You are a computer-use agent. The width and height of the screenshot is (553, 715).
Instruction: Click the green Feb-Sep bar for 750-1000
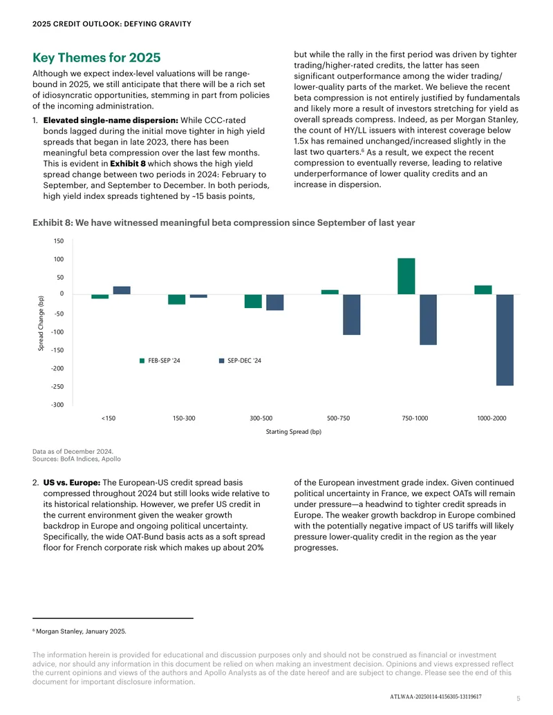click(x=406, y=276)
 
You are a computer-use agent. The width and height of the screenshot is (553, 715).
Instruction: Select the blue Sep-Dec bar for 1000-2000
click(x=505, y=340)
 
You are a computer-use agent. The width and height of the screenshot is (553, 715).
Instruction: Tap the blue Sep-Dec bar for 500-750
click(x=351, y=314)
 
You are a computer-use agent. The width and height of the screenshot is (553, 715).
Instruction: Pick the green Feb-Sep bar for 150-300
click(x=176, y=300)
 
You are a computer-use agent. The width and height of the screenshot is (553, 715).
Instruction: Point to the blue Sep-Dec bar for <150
click(x=122, y=290)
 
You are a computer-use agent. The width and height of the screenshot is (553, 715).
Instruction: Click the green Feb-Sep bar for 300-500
click(x=253, y=301)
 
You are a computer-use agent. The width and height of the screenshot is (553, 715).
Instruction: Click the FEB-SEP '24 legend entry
click(x=160, y=361)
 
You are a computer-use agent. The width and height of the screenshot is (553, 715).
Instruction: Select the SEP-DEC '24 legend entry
click(x=240, y=361)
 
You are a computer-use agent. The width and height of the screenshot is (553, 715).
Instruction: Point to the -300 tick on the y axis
click(x=57, y=405)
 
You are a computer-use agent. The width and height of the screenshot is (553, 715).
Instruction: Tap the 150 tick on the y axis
click(x=59, y=241)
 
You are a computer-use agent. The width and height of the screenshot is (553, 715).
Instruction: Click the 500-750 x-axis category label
click(x=339, y=418)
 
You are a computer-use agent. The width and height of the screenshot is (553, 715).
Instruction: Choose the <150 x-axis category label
click(x=108, y=418)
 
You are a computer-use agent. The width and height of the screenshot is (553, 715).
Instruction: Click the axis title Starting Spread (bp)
click(x=294, y=432)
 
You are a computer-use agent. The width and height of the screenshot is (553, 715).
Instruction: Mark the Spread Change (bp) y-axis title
click(x=41, y=323)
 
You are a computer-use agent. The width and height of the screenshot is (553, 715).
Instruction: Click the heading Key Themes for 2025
click(x=96, y=58)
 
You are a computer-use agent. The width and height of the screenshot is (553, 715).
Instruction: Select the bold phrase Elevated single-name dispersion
click(x=111, y=120)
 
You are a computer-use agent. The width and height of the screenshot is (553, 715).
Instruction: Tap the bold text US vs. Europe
click(x=72, y=482)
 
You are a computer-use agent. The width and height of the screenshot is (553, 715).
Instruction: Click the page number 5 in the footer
click(x=518, y=698)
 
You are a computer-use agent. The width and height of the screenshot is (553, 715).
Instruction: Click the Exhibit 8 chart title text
click(x=223, y=223)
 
